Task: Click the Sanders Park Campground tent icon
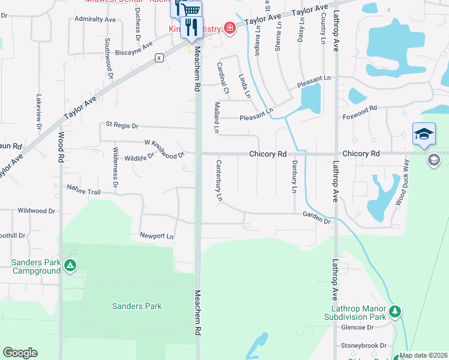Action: click(x=70, y=265)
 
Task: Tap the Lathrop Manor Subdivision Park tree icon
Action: click(x=395, y=311)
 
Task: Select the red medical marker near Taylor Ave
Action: click(x=229, y=28)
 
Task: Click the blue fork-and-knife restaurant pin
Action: click(x=191, y=27)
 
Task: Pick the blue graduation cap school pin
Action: click(x=424, y=134)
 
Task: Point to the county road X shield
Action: click(x=159, y=58)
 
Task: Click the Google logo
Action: click(x=20, y=353)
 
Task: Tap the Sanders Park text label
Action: click(x=137, y=306)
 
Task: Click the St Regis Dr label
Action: click(x=122, y=126)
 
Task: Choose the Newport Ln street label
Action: click(x=156, y=236)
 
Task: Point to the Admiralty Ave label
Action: click(x=95, y=19)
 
